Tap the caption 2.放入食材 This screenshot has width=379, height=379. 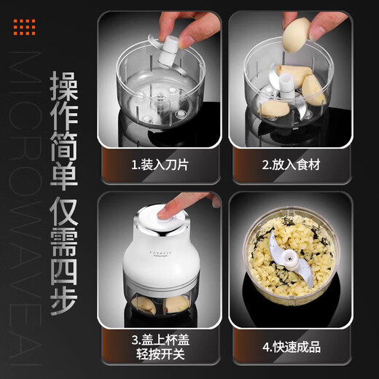(x=293, y=165)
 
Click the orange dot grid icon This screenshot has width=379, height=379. (x=25, y=28)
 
